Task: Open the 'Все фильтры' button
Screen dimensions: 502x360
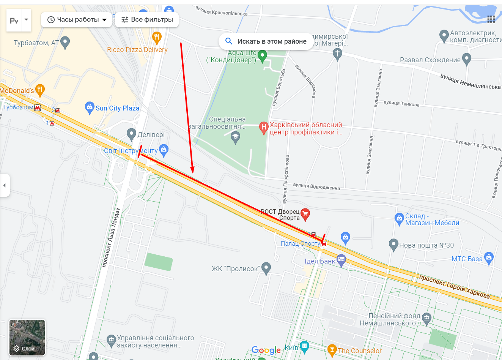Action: (x=147, y=20)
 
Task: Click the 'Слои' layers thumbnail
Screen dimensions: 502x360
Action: (x=27, y=338)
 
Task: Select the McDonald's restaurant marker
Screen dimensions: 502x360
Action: (x=40, y=90)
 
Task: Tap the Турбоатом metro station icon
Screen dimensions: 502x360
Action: (x=37, y=107)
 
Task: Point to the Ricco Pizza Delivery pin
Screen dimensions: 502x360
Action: (x=157, y=38)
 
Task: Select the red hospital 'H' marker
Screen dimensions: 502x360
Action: (x=264, y=128)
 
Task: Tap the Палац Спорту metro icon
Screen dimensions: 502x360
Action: (x=324, y=244)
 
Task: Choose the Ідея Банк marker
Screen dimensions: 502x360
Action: (x=341, y=260)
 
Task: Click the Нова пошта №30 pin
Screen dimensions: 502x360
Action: (x=393, y=245)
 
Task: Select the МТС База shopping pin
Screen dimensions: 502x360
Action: (x=489, y=258)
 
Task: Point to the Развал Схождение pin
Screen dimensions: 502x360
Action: (x=467, y=59)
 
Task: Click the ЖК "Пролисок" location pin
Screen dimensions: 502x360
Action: (x=266, y=268)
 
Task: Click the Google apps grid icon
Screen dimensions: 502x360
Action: (x=491, y=19)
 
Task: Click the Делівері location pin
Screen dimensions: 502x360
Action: (x=131, y=134)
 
